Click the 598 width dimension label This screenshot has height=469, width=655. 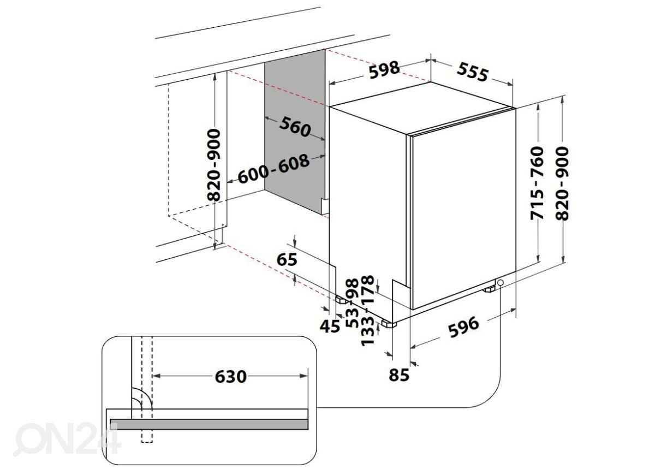tap(384, 70)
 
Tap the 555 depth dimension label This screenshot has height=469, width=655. tap(472, 72)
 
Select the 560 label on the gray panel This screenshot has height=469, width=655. tap(295, 127)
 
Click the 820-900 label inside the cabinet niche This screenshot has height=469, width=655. tap(216, 165)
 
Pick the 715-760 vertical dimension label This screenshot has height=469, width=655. tap(538, 183)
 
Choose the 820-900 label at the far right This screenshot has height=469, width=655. tap(562, 183)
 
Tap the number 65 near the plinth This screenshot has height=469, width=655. tap(287, 259)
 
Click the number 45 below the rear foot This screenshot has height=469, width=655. tap(329, 326)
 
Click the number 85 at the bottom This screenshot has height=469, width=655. tap(400, 375)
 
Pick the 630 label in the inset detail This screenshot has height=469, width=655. tap(230, 376)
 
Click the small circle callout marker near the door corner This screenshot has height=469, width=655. tap(500, 282)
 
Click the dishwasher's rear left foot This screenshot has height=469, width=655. tap(341, 299)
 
